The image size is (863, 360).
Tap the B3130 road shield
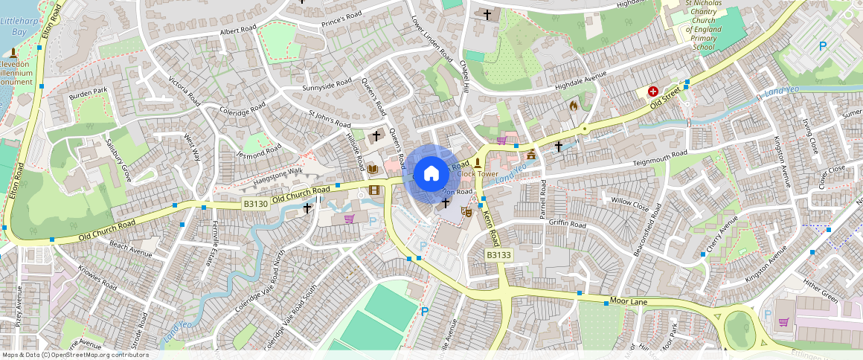pos(255,202)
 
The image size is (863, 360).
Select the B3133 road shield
pos(498,255)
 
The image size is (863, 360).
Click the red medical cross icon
pos(653,91)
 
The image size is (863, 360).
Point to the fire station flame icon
pos(573,106)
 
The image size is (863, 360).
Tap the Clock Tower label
pos(478,174)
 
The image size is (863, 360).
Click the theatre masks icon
pos(466,211)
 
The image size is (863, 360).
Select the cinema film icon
pos(373,190)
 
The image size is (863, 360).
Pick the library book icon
pos(373,170)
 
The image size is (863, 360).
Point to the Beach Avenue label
pos(130,248)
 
